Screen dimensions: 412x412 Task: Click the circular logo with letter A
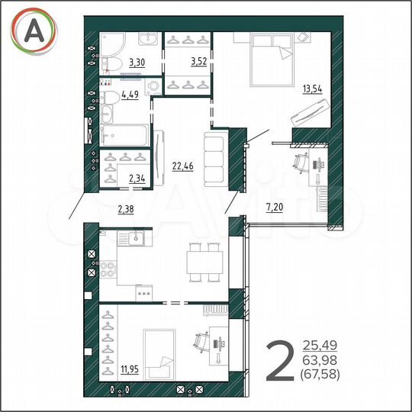pos(34,31)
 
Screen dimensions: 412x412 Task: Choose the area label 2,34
pos(137,179)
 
